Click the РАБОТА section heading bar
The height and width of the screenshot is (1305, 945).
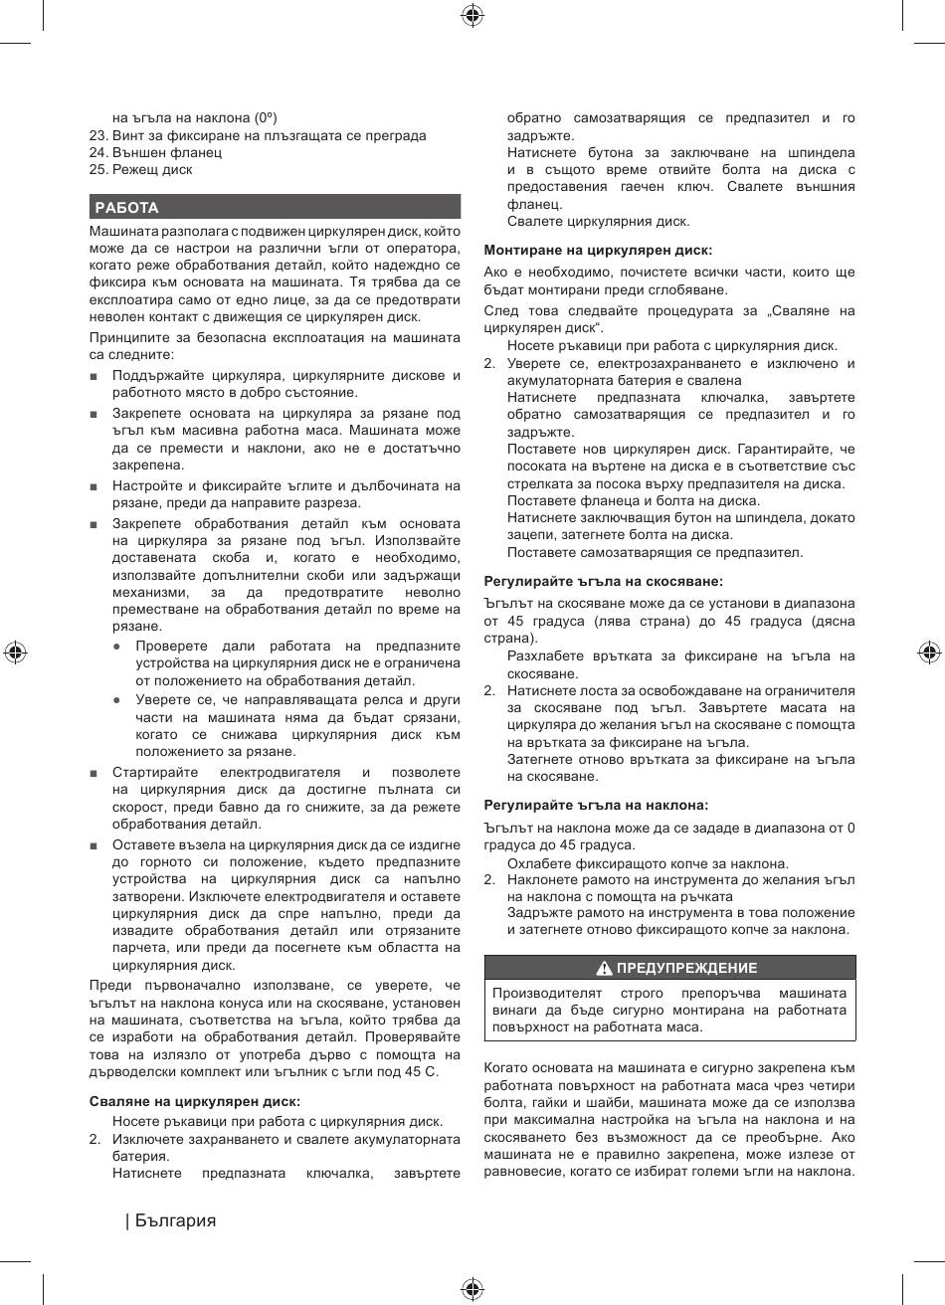click(274, 207)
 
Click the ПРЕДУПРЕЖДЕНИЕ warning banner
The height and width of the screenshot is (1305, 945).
click(669, 968)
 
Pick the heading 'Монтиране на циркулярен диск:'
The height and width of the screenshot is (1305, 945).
click(598, 250)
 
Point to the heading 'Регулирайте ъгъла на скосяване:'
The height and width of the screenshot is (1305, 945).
click(603, 581)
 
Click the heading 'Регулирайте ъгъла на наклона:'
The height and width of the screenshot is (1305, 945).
click(596, 805)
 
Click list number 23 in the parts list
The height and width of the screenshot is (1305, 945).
click(97, 135)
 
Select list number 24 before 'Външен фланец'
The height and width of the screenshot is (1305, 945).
click(97, 152)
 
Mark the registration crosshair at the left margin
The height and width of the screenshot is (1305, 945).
click(14, 652)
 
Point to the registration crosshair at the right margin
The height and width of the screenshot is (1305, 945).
click(929, 652)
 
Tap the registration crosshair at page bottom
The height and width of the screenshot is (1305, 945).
click(472, 1290)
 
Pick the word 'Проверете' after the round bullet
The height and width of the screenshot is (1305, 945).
click(169, 646)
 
